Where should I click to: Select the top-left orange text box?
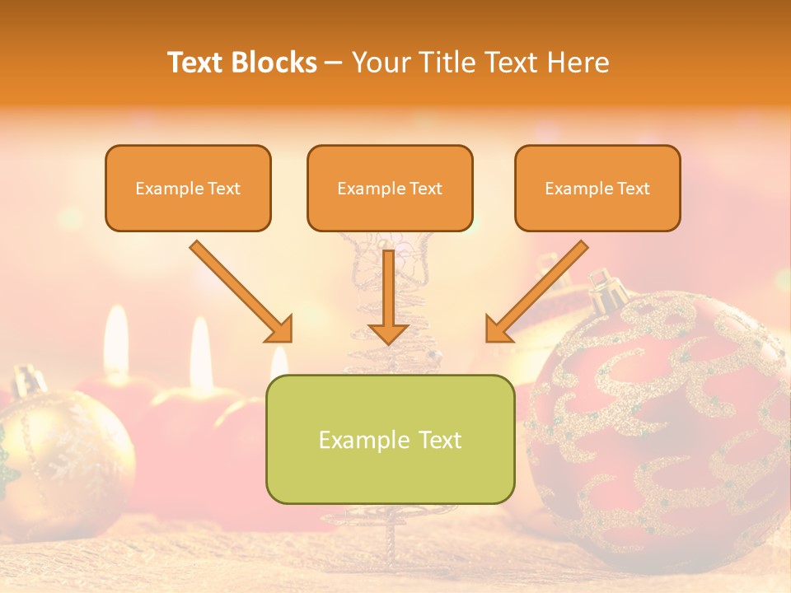188,188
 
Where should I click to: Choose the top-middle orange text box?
390,188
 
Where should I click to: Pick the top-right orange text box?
597,188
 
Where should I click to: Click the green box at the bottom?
390,439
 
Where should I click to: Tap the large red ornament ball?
659,428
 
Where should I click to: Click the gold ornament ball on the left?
62,453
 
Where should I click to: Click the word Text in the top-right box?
633,189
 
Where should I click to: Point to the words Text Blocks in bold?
242,63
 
